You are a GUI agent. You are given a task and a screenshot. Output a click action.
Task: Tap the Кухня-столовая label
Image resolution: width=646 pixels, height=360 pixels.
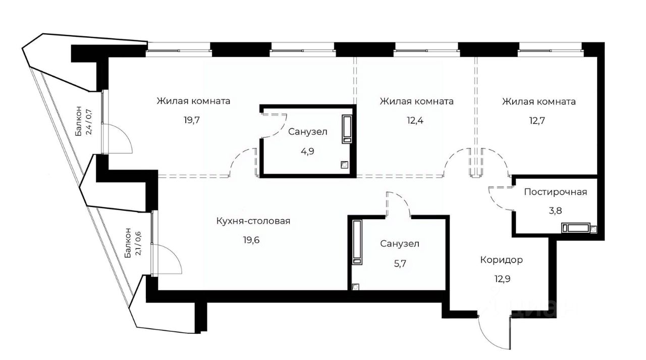(253, 221)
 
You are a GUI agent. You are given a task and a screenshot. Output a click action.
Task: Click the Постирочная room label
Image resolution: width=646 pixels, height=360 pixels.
(555, 192)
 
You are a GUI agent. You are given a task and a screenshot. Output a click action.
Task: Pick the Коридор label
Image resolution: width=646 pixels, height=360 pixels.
(501, 260)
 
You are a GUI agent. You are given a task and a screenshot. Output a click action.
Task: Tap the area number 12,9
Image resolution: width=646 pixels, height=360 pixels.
(501, 278)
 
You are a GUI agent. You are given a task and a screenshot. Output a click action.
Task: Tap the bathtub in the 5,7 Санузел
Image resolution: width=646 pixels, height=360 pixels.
(357, 242)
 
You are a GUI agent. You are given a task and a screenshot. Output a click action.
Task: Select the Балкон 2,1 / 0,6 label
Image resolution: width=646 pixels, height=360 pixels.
(133, 242)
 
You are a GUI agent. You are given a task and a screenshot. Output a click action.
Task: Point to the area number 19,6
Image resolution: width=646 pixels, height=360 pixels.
(253, 239)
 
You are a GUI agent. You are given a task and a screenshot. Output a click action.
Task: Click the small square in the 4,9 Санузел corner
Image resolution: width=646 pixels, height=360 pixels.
(344, 164)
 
